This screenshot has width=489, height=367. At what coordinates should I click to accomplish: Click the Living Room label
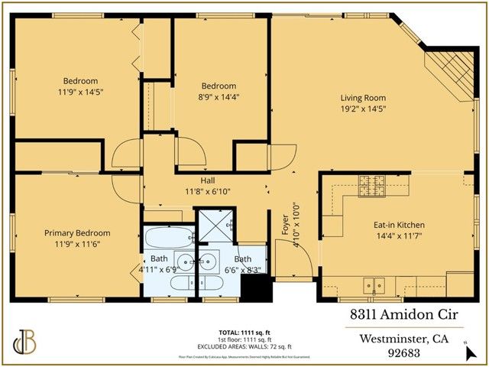coord(363,98)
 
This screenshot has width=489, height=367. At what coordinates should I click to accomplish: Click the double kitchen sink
coord(374,282)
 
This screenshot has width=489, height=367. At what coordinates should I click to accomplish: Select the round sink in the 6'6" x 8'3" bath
coord(210,260)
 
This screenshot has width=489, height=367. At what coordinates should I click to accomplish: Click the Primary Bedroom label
coord(77,233)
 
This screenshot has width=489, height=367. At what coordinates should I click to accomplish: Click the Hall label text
coord(207,180)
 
